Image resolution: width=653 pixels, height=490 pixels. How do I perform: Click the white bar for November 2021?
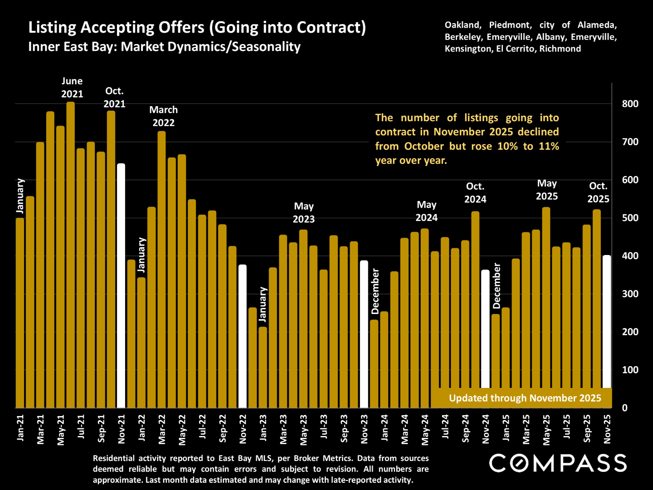click(x=121, y=286)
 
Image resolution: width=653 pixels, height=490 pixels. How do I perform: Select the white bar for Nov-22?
click(x=243, y=336)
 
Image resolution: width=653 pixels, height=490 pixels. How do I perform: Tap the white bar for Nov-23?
click(x=364, y=334)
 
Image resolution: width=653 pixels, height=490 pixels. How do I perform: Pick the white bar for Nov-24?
click(x=485, y=338)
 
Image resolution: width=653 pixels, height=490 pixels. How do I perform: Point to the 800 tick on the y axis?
click(x=630, y=104)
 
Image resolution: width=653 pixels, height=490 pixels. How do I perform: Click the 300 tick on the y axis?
click(x=630, y=294)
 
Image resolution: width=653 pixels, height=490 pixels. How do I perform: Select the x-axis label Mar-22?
click(x=162, y=429)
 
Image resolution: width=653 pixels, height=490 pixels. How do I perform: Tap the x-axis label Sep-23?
click(x=344, y=428)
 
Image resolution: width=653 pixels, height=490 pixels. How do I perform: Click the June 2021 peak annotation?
click(x=72, y=88)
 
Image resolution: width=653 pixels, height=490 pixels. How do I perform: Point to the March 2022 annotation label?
click(x=163, y=116)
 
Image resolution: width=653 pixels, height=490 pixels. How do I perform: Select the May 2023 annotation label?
click(x=303, y=213)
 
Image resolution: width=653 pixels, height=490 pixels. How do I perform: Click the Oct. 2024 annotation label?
click(x=475, y=193)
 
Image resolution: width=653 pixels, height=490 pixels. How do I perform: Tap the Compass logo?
click(x=558, y=463)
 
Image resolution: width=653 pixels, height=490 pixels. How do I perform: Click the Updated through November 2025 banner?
click(x=525, y=398)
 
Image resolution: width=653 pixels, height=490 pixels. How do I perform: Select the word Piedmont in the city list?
click(x=509, y=25)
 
